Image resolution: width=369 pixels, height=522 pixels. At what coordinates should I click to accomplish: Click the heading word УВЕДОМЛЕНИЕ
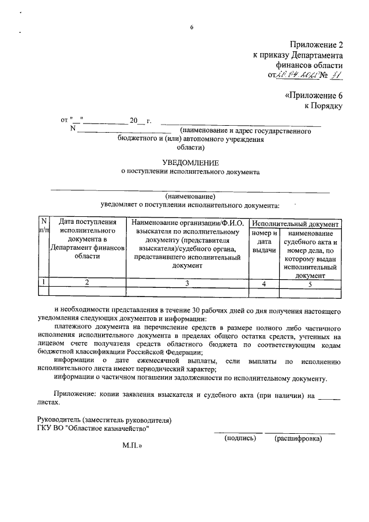pos(190,163)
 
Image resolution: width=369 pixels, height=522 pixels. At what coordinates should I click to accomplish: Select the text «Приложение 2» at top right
pos(316,45)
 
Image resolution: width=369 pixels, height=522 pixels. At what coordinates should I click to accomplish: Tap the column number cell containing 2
pos(87,283)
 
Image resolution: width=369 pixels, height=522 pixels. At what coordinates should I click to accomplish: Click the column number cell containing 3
pos(187,283)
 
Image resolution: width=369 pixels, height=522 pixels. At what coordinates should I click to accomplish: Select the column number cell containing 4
pos(263,283)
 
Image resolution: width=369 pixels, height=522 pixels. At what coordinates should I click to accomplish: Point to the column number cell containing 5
pos(310,283)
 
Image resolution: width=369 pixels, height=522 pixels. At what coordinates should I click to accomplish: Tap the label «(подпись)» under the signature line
pos(239,438)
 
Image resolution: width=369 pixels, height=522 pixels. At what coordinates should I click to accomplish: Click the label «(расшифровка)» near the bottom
pos(298,438)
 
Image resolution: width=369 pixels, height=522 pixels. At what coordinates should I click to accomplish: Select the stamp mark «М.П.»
pos(131,446)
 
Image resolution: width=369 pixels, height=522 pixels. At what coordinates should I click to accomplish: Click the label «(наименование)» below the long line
pos(190,196)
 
